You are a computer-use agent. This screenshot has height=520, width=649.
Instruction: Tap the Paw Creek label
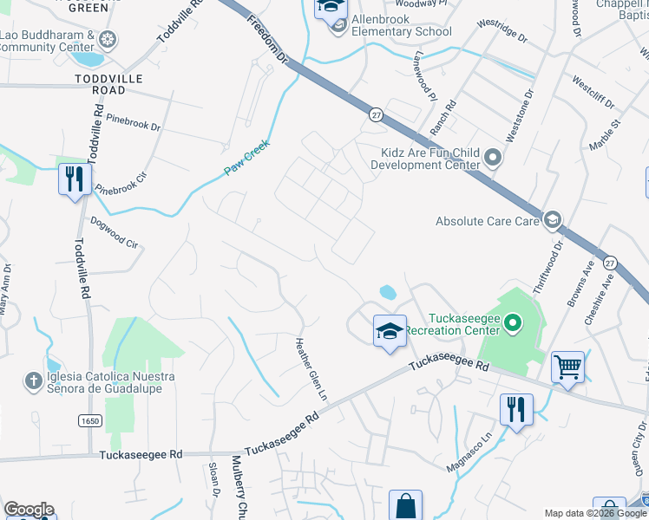[x=248, y=158]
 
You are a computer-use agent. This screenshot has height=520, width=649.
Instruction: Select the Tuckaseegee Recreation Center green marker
[x=512, y=325]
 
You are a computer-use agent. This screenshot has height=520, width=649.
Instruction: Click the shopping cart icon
[x=567, y=366]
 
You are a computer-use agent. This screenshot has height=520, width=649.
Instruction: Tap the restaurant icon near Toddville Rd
[x=75, y=179]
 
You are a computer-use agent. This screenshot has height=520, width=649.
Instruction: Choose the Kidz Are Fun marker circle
[x=493, y=159]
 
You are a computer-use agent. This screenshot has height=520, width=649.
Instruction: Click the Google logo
[x=28, y=509]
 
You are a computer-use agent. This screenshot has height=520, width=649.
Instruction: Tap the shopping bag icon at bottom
[x=405, y=504]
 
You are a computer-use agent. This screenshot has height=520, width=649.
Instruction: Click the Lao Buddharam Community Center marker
[x=108, y=38]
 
